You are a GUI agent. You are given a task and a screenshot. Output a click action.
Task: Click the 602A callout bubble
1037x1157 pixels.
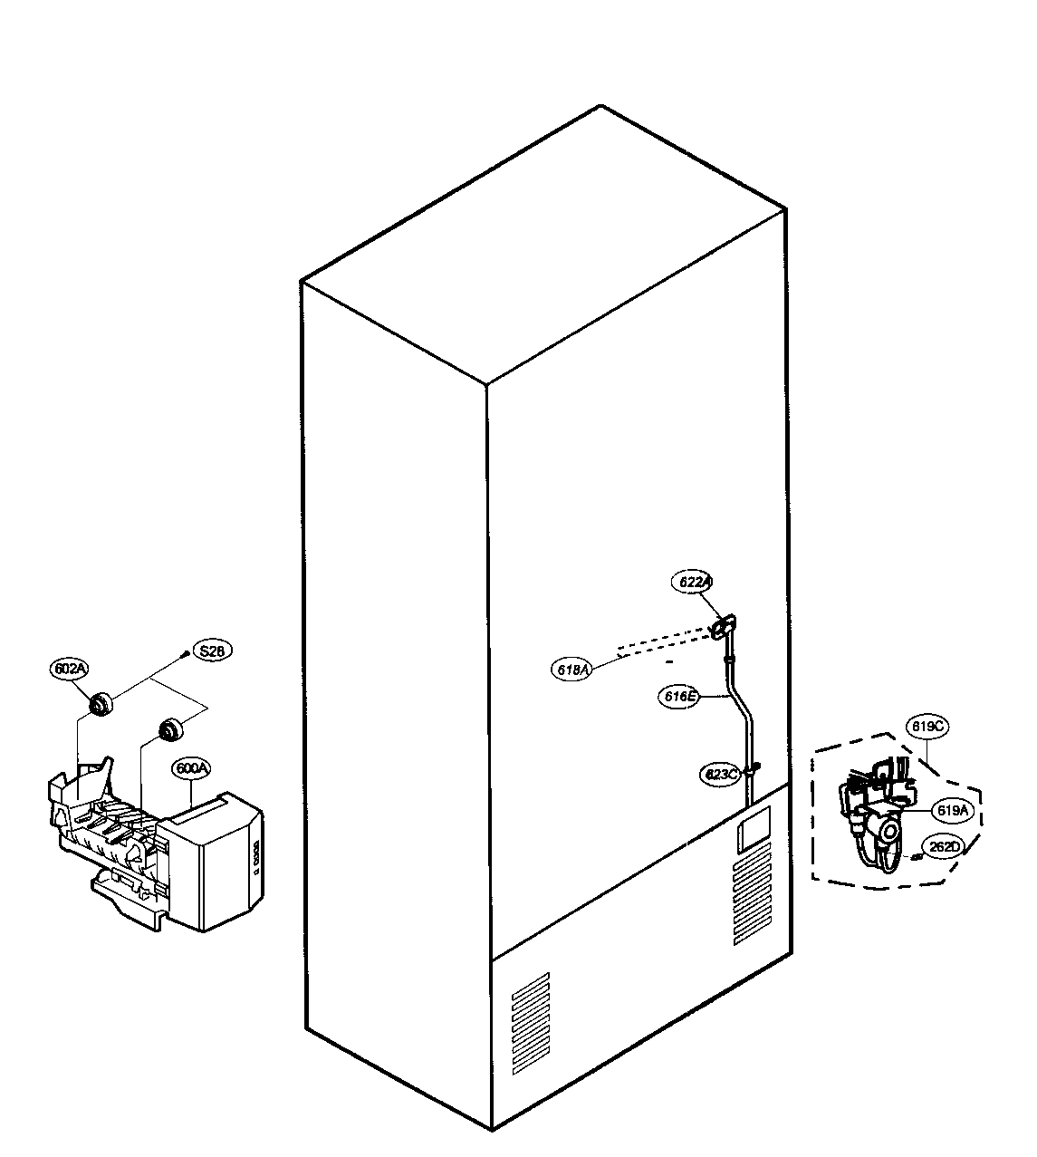70,669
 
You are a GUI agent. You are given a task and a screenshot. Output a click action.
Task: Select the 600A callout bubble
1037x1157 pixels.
192,768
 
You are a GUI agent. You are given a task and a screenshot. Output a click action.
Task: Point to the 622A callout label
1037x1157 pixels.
695,583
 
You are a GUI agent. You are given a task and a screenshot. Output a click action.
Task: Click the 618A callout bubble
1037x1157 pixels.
571,670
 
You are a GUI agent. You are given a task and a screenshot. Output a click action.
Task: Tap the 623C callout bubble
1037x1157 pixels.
722,775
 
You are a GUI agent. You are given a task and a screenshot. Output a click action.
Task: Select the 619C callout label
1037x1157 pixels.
927,727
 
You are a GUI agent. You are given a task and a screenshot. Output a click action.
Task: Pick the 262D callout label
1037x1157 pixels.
943,847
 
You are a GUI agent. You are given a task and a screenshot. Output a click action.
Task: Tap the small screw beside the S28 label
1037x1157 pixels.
186,652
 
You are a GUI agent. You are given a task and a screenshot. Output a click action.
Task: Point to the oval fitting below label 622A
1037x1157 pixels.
725,627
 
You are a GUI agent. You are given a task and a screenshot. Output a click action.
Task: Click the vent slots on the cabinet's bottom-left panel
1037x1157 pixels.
531,1021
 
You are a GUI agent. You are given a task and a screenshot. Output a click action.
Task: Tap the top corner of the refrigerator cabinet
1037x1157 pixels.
600,107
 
